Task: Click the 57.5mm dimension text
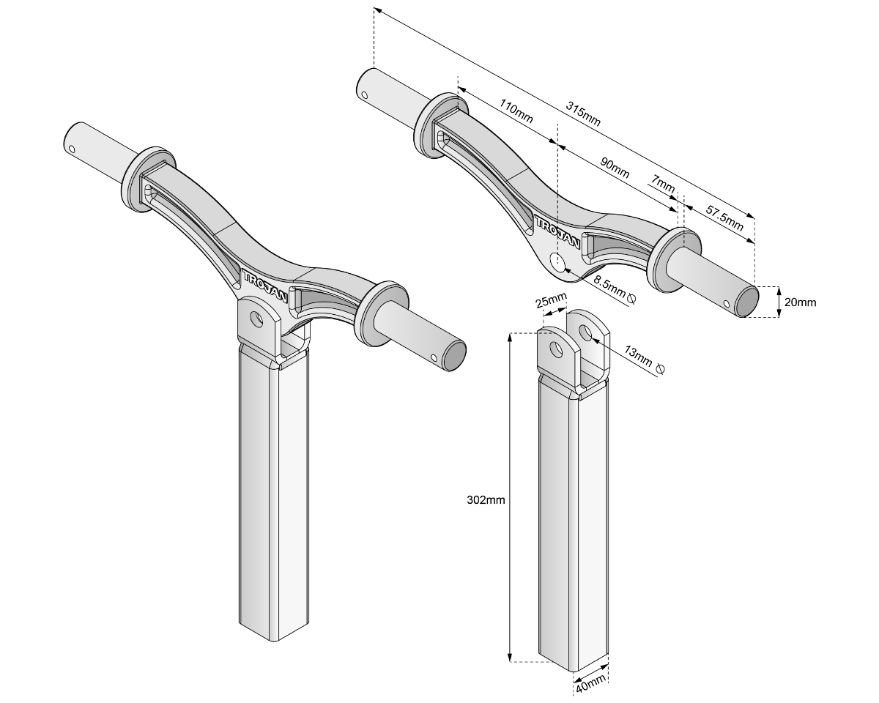pos(724,218)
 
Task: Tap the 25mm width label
pos(552,300)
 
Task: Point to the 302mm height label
pos(486,501)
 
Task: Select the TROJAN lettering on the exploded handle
pos(558,232)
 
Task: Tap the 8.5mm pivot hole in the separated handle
pos(559,261)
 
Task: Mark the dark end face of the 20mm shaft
pos(747,302)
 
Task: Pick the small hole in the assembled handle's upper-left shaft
pos(71,149)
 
